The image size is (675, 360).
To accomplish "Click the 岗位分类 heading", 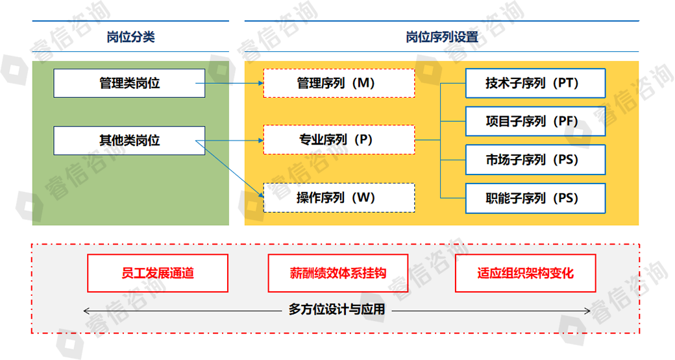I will [x=130, y=37].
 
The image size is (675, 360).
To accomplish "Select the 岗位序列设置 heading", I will [x=441, y=37].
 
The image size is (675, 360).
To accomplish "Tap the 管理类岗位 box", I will [x=129, y=83].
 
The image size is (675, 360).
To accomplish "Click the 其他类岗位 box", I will [x=129, y=140].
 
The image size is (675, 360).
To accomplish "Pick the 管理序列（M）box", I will [x=339, y=83].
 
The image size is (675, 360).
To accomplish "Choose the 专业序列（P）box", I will [x=339, y=139].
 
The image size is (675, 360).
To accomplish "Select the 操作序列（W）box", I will [x=339, y=198].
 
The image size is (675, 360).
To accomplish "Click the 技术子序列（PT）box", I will [x=535, y=83].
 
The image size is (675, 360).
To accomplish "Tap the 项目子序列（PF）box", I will [x=535, y=121].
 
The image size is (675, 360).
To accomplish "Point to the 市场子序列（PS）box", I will [x=535, y=159].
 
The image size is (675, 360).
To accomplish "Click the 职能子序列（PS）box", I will [x=535, y=198].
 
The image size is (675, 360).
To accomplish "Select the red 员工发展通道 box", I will [x=158, y=273].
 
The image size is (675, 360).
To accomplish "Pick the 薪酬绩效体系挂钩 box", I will [x=338, y=273].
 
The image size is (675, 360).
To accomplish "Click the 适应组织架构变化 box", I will [x=524, y=273].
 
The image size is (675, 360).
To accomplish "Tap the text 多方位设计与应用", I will [x=337, y=310].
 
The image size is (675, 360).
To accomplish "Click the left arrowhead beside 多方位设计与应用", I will [x=87, y=311].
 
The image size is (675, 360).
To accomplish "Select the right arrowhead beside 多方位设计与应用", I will [x=587, y=311].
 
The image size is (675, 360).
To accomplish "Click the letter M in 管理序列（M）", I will [x=365, y=83].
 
